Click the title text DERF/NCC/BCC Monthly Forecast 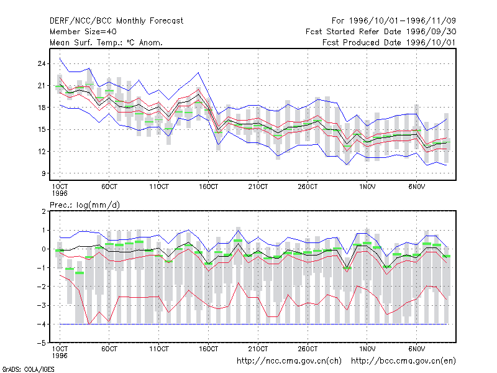(x=116, y=21)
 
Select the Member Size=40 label (x=83, y=32)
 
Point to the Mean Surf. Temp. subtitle (x=106, y=42)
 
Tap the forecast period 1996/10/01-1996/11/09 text (x=394, y=21)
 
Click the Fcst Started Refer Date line (x=381, y=32)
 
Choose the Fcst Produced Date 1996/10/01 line (x=389, y=42)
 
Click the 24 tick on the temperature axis (x=42, y=63)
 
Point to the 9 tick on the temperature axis (x=43, y=173)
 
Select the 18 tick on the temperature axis (x=42, y=108)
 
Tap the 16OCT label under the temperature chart (x=208, y=186)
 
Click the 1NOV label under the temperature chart (x=367, y=186)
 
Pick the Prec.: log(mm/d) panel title (x=84, y=205)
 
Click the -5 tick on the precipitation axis (x=42, y=343)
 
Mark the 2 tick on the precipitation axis (x=43, y=211)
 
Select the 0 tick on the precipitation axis (x=43, y=249)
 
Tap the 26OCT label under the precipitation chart (x=308, y=349)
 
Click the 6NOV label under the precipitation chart (x=416, y=349)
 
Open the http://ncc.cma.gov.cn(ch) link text (x=289, y=361)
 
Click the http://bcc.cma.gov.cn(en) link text (x=403, y=361)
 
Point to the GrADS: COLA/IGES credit (x=29, y=369)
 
